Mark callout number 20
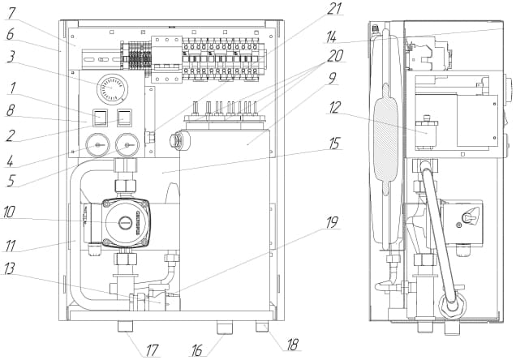336,58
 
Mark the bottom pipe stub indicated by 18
262,328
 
